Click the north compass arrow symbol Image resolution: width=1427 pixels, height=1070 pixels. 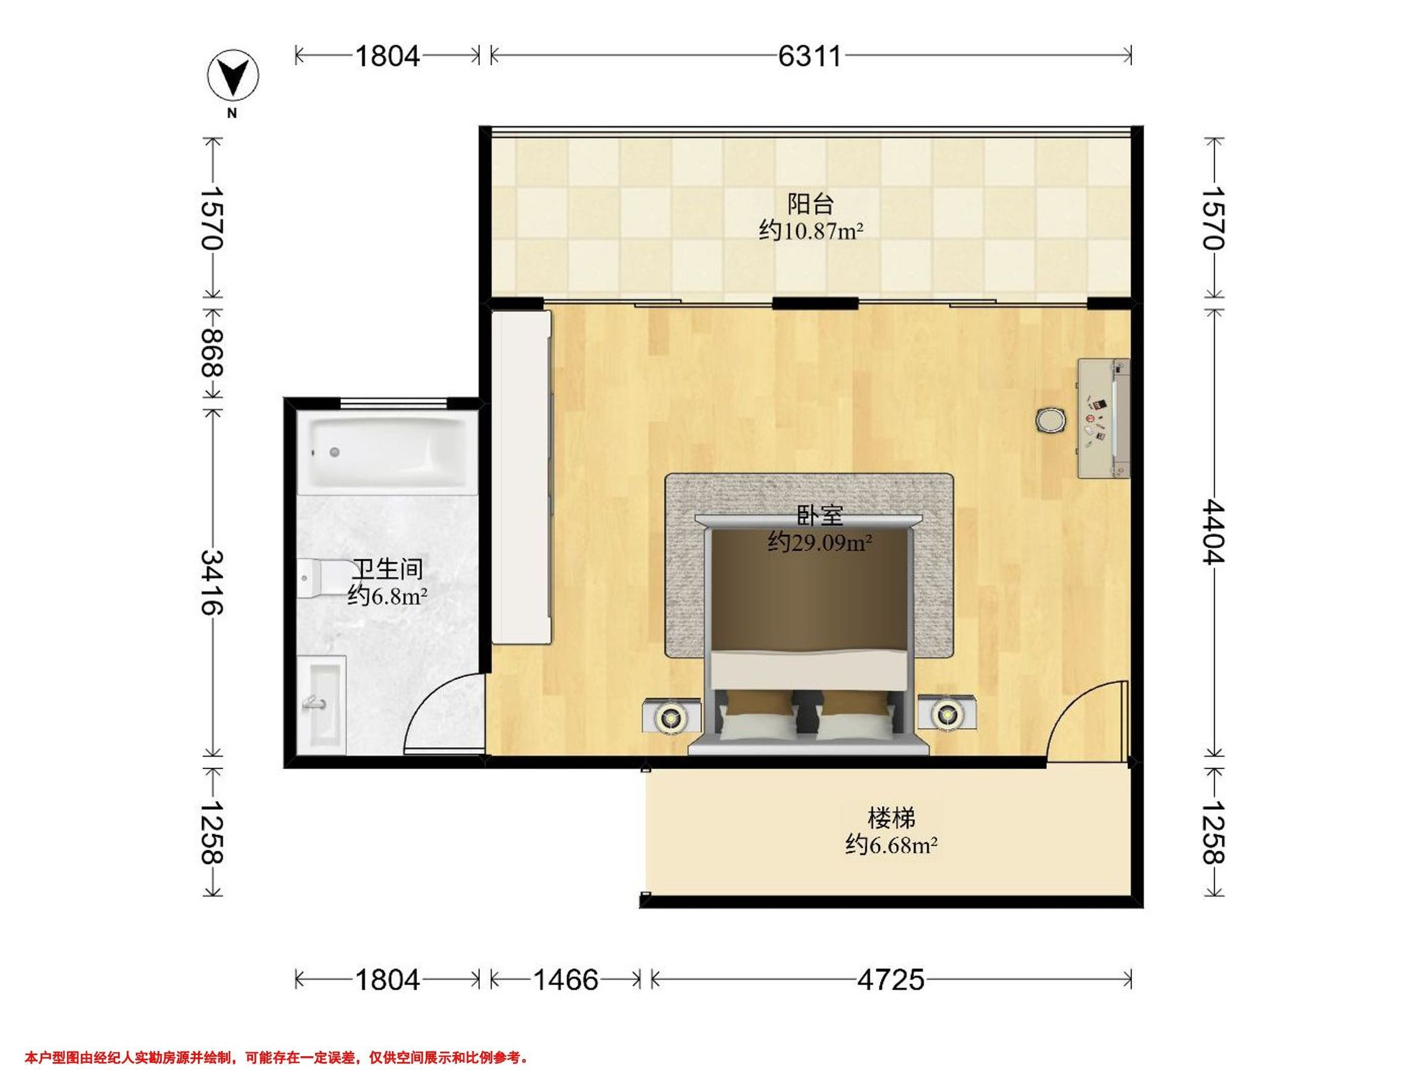pos(232,76)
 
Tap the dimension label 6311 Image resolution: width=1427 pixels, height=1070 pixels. pos(810,56)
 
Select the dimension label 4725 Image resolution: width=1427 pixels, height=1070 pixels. pos(890,980)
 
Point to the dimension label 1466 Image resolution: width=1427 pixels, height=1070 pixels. pos(566,980)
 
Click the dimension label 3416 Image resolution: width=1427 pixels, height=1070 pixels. pos(212,582)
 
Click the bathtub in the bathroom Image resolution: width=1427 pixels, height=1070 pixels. pos(385,453)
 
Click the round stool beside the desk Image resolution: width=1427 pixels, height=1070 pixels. pos(1051,420)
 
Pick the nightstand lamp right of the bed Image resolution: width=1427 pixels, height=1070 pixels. pos(946,713)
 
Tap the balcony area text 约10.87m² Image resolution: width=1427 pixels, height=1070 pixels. pos(811,230)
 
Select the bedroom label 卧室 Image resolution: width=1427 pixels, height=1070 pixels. pos(821,516)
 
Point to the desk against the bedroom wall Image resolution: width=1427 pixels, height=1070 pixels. pos(1104,418)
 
